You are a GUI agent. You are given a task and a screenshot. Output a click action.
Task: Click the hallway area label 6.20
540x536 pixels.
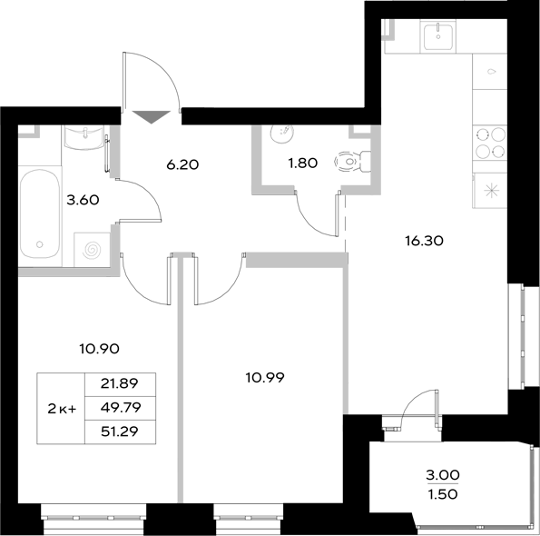[x=182, y=165]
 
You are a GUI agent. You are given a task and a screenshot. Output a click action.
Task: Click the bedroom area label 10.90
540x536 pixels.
[x=101, y=348]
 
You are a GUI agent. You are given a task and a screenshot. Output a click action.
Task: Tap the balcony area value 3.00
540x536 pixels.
[x=444, y=474]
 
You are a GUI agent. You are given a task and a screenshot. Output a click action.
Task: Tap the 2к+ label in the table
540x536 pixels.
[x=62, y=409]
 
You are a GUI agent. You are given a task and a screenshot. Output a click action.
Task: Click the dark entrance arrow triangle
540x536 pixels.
[x=151, y=116]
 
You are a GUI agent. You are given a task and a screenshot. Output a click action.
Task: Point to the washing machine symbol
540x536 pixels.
[x=92, y=248]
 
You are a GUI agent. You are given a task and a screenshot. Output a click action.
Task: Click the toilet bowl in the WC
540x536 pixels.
[x=349, y=163]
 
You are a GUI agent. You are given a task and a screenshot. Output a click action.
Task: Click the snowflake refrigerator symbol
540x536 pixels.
[x=491, y=191]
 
